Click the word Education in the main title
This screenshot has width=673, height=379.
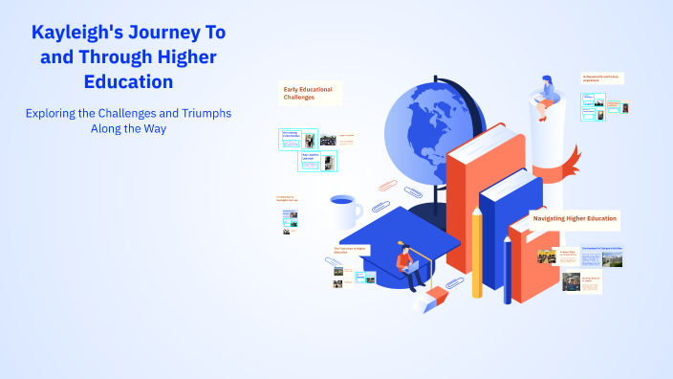[128, 81]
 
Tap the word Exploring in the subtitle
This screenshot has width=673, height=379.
[56, 113]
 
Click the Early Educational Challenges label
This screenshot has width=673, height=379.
[308, 93]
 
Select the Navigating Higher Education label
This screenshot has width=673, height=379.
[575, 219]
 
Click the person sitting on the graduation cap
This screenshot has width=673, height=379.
[406, 264]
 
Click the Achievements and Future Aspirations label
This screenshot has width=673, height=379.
[601, 78]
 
